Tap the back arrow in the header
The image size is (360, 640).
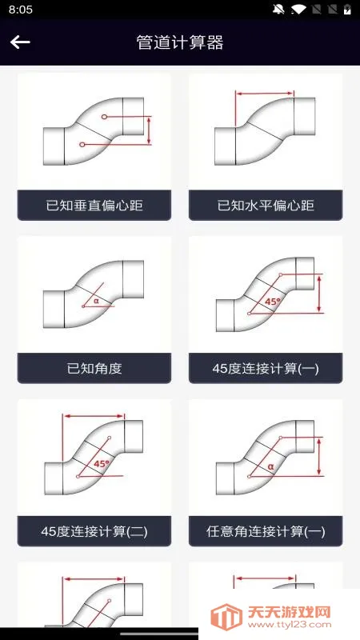point(20,42)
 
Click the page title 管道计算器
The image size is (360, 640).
point(180,42)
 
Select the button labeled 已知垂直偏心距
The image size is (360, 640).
point(94,206)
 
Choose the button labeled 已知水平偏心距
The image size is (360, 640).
point(266,206)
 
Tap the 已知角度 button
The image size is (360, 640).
point(94,369)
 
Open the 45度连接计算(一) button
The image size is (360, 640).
point(266,369)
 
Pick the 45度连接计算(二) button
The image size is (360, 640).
point(94,531)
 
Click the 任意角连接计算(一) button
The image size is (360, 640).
point(266,531)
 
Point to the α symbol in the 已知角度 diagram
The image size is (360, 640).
point(96,301)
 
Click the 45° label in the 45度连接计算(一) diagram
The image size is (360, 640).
point(273,302)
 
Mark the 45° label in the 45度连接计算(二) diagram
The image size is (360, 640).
point(102,464)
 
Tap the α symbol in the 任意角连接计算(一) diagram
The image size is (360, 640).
point(270,466)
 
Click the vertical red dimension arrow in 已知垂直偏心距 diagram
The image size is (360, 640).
point(149,130)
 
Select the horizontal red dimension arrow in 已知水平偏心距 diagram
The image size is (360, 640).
point(265,94)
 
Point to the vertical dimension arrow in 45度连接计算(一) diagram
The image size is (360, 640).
point(319,294)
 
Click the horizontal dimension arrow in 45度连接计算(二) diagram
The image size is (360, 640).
point(94,416)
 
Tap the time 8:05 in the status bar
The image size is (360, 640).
point(21,10)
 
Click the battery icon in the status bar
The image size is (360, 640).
point(347,9)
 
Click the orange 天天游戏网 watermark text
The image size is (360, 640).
point(289,612)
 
